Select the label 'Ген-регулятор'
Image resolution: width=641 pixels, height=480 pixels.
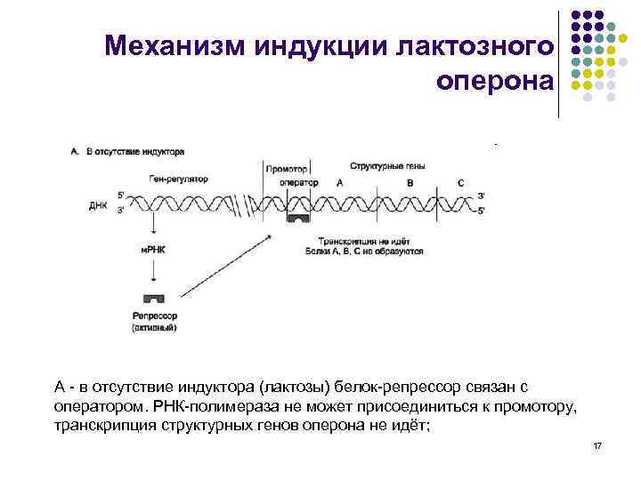pyautogui.click(x=176, y=179)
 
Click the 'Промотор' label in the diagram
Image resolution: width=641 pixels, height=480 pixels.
pyautogui.click(x=287, y=169)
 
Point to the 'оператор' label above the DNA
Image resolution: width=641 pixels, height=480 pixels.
pyautogui.click(x=298, y=182)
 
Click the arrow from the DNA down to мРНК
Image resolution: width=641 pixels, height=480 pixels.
pyautogui.click(x=154, y=228)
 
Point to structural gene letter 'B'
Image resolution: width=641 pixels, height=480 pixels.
pyautogui.click(x=409, y=182)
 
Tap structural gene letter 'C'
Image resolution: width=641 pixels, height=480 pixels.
pyautogui.click(x=459, y=182)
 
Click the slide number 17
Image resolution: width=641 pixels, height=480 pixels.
pyautogui.click(x=596, y=444)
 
